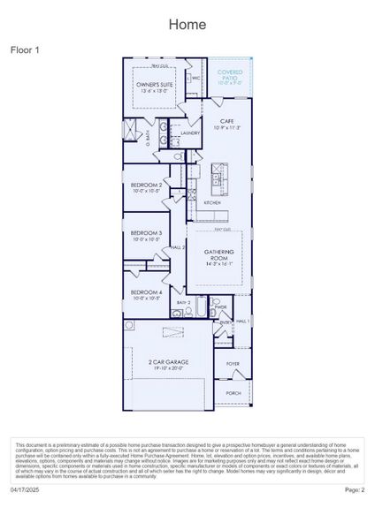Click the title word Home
pyautogui.click(x=187, y=24)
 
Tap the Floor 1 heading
pyautogui.click(x=26, y=50)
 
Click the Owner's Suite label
pyautogui.click(x=152, y=87)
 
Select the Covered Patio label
pyautogui.click(x=230, y=74)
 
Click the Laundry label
pyautogui.click(x=191, y=133)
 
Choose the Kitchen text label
pyautogui.click(x=212, y=202)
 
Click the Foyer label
pyautogui.click(x=233, y=363)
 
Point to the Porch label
pyautogui.click(x=233, y=393)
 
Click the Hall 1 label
pyautogui.click(x=242, y=322)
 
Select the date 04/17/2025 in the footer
pyautogui.click(x=26, y=489)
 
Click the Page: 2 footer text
pyautogui.click(x=354, y=489)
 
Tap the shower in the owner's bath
pyautogui.click(x=130, y=134)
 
